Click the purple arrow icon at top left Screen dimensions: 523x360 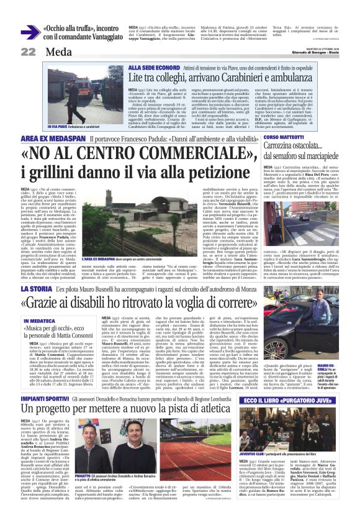pyautogui.click(x=30, y=33)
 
